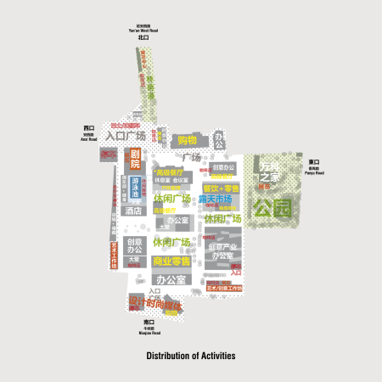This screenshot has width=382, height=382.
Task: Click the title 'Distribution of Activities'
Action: [x=190, y=356]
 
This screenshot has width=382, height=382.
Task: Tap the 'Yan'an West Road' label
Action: [x=143, y=31]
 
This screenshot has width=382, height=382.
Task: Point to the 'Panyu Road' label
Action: [x=313, y=172]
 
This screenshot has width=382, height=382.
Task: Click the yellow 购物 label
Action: [x=186, y=140]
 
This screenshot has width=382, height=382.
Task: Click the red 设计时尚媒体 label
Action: [x=155, y=304]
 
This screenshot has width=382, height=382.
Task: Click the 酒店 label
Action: [x=132, y=211]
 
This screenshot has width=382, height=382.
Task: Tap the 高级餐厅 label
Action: [x=170, y=172]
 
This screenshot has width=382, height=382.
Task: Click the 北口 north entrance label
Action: [x=143, y=38]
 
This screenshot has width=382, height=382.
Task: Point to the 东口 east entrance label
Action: [x=313, y=161]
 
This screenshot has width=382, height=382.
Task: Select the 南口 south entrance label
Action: [x=149, y=323]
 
